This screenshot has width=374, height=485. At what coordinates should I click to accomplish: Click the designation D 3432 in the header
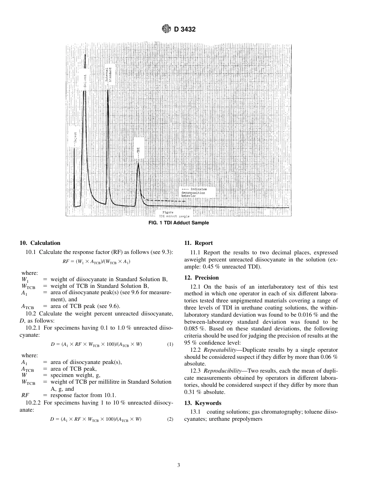click(x=182, y=29)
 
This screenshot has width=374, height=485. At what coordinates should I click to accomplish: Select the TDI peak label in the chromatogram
click(x=138, y=149)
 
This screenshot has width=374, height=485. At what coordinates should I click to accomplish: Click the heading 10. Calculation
click(x=40, y=243)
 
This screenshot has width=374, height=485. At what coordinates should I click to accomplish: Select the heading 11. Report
click(x=198, y=243)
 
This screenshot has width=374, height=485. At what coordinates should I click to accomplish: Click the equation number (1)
click(x=170, y=344)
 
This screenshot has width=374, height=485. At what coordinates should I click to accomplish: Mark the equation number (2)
click(x=170, y=419)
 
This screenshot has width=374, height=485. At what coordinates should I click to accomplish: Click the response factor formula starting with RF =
click(x=96, y=261)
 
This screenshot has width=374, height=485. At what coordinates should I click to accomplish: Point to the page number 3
click(x=179, y=465)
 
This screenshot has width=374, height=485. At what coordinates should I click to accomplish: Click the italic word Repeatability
click(x=222, y=350)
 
